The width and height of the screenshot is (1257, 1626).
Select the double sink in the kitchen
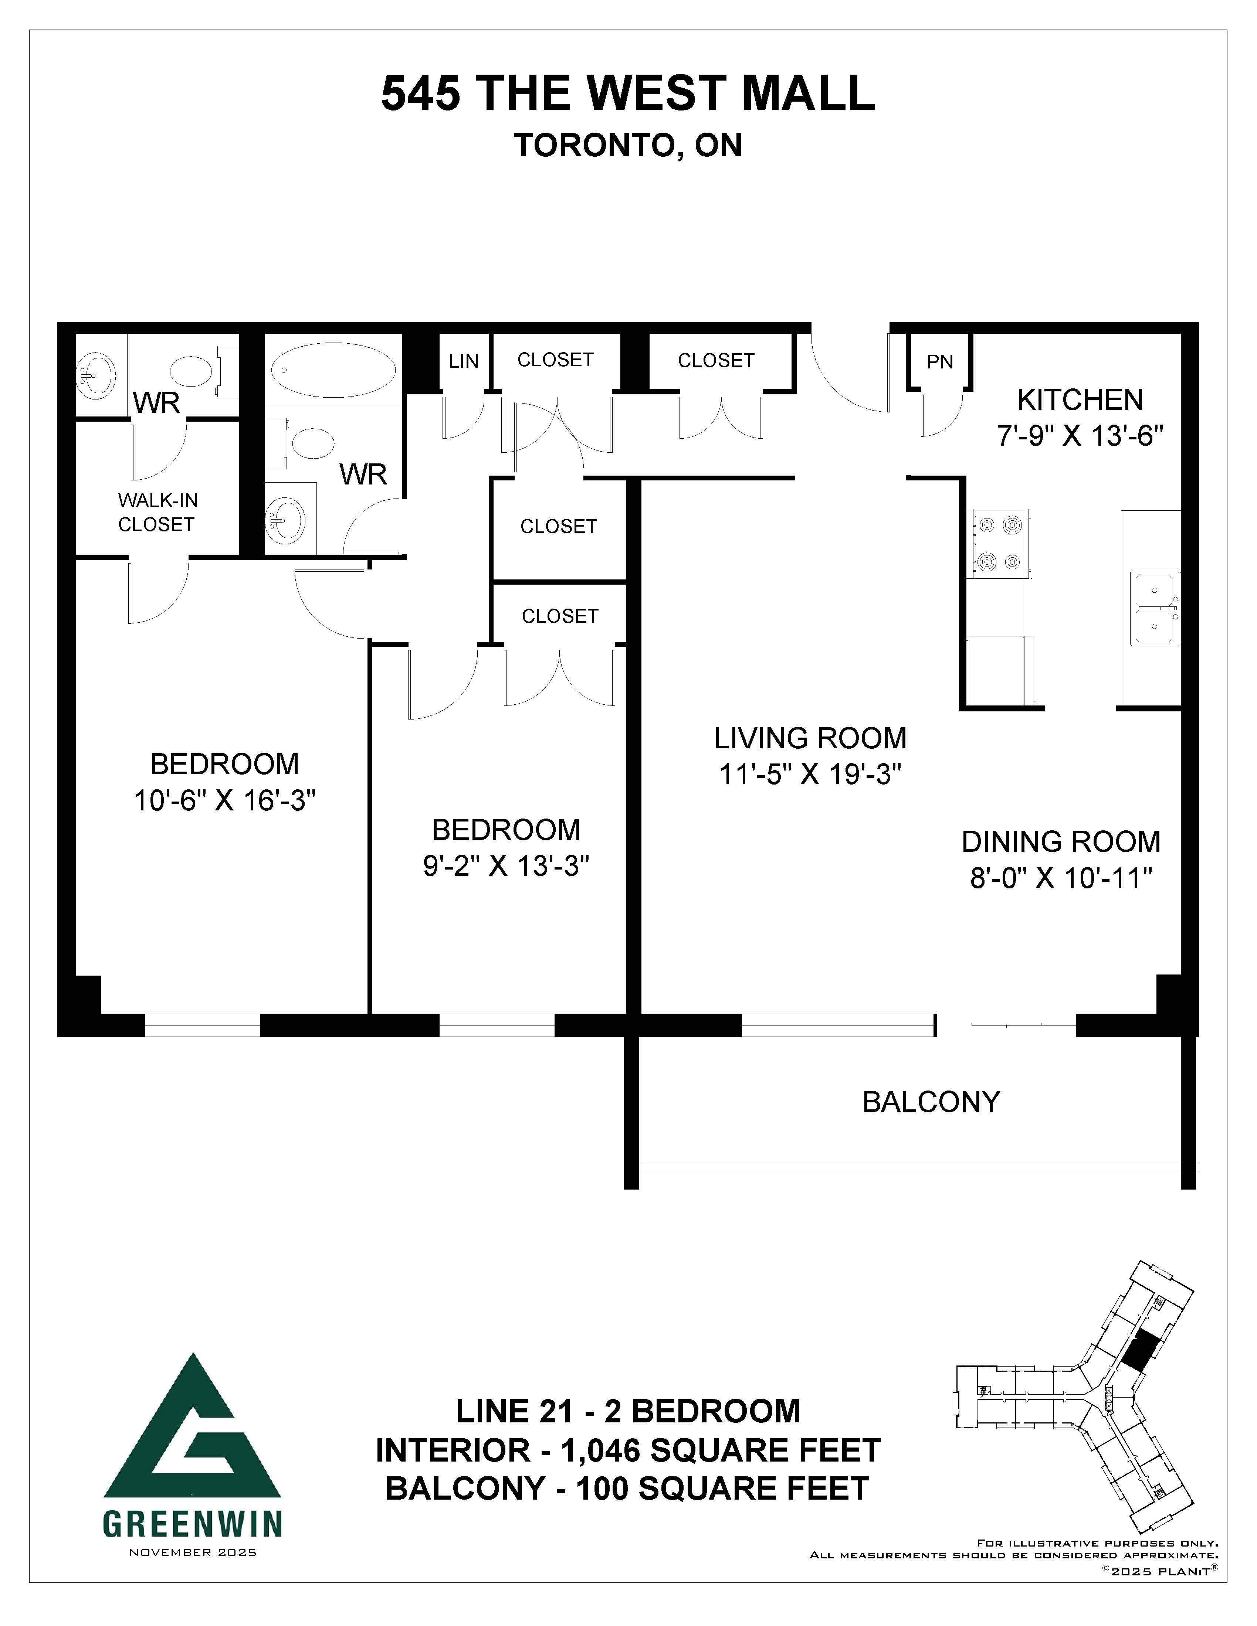pyautogui.click(x=1155, y=608)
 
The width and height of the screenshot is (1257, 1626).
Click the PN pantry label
pyautogui.click(x=940, y=362)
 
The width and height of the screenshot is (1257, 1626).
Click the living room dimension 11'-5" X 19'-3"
pyautogui.click(x=810, y=775)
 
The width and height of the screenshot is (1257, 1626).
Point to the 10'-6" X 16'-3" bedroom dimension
pyautogui.click(x=225, y=801)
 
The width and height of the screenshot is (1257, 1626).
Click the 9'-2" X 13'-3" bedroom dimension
pyautogui.click(x=506, y=866)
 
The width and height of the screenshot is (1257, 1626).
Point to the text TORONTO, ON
pyautogui.click(x=628, y=145)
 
